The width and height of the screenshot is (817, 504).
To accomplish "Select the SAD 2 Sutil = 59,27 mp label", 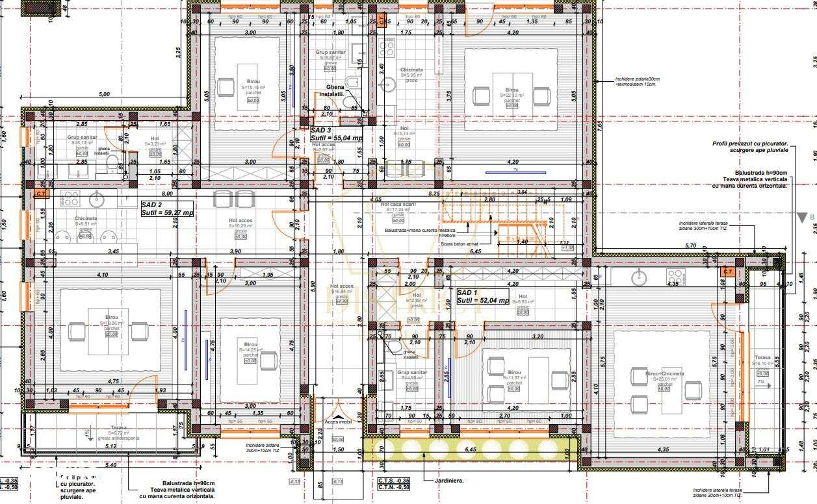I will pos(167,208).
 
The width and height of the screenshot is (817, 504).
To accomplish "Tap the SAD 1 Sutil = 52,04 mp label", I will pos(482,297).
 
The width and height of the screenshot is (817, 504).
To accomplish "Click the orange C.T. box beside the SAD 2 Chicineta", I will pos(41,194).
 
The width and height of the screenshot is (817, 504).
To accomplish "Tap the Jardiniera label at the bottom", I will pos(439,481).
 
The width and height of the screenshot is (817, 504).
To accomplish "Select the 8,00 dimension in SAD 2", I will pos(167,194).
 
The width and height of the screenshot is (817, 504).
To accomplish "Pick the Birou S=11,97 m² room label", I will pos(513,376).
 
